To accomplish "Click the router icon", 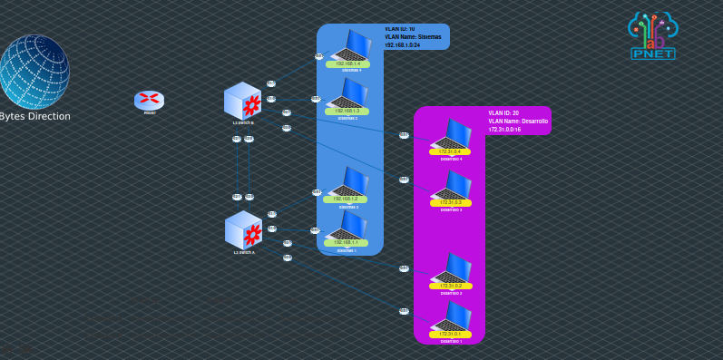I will (149, 100).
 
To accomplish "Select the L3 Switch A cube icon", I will (243, 229).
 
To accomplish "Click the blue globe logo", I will (34, 72).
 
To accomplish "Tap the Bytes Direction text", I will (34, 116).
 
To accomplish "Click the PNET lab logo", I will (653, 36).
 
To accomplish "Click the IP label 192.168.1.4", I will (348, 64).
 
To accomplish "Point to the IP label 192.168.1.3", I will (348, 111).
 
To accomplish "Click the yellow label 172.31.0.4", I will (451, 151).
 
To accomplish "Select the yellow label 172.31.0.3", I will (451, 202).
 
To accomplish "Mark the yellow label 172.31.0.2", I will (451, 286).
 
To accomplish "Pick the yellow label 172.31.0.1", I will (451, 334).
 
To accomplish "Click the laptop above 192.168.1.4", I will (351, 45).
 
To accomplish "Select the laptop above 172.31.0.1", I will (453, 316).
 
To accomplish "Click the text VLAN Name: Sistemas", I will (414, 36).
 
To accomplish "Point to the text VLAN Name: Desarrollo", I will (518, 121).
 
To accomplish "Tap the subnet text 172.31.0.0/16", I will (504, 130).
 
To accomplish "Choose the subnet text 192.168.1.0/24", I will (401, 44).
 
